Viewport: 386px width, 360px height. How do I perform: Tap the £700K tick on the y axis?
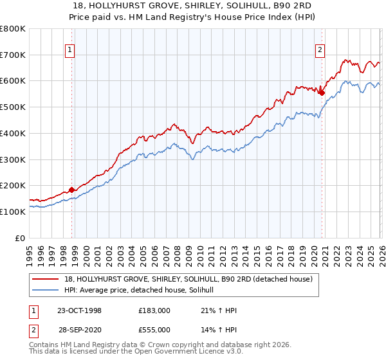pos(13,55)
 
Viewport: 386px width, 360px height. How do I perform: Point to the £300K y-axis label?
pos(13,159)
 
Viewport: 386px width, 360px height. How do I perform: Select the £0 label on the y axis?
pos(20,238)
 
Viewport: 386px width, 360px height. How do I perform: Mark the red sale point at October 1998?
pos(71,190)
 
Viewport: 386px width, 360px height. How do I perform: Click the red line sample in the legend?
pos(46,279)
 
